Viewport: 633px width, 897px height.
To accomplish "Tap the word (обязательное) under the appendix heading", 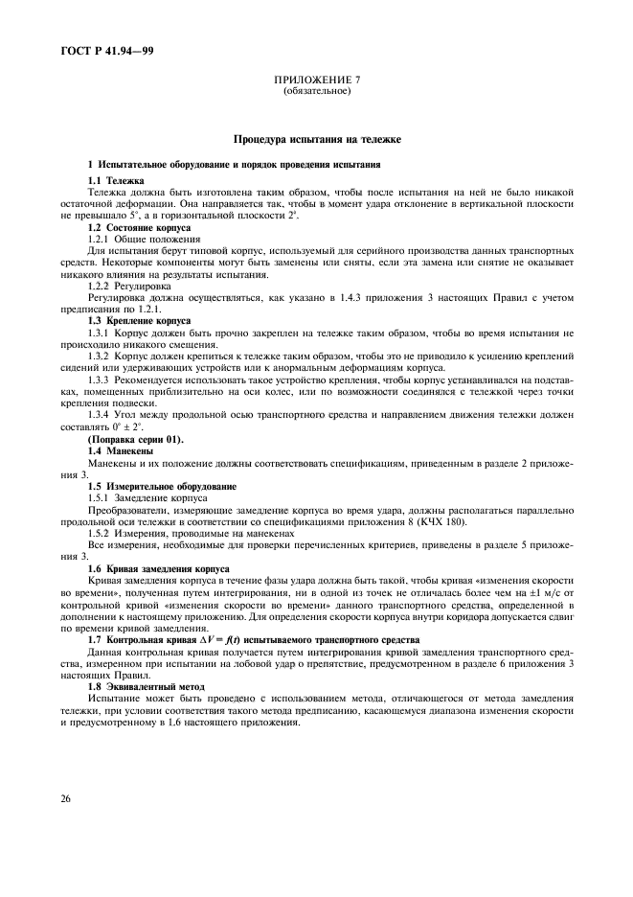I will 316,92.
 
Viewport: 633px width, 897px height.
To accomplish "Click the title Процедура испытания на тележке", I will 316,140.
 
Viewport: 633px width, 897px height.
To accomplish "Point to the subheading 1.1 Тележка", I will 116,180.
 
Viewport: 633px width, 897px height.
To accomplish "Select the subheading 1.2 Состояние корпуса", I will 139,228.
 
